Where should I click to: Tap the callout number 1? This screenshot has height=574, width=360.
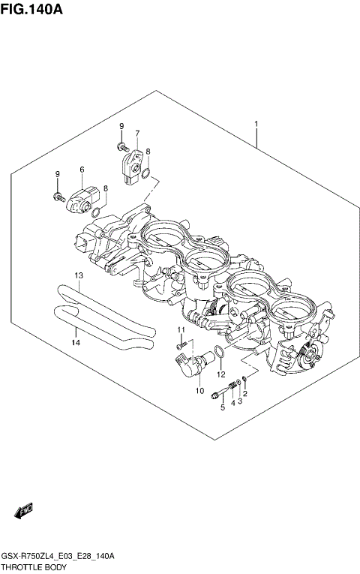256,124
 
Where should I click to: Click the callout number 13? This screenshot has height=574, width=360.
77,275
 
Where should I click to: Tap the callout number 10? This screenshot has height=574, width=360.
199,390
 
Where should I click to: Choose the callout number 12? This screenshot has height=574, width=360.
221,374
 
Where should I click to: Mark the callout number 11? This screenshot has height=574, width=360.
181,330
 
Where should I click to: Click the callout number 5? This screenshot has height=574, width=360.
222,407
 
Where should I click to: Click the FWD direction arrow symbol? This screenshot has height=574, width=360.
24,511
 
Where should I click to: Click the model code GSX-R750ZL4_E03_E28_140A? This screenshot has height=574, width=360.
58,556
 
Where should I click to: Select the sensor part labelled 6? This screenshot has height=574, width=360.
81,197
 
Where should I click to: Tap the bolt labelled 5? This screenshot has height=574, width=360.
218,392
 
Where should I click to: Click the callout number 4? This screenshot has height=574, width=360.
233,402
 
